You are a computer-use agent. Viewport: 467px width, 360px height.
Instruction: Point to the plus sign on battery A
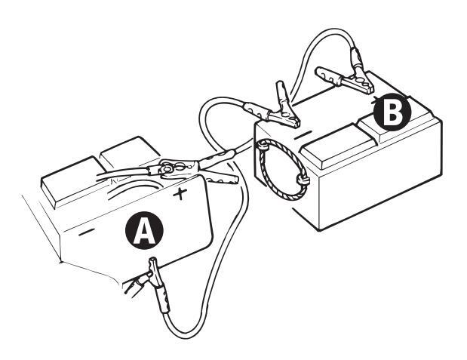(x=180, y=195)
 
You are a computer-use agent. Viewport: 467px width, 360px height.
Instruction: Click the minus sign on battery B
(x=305, y=134)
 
